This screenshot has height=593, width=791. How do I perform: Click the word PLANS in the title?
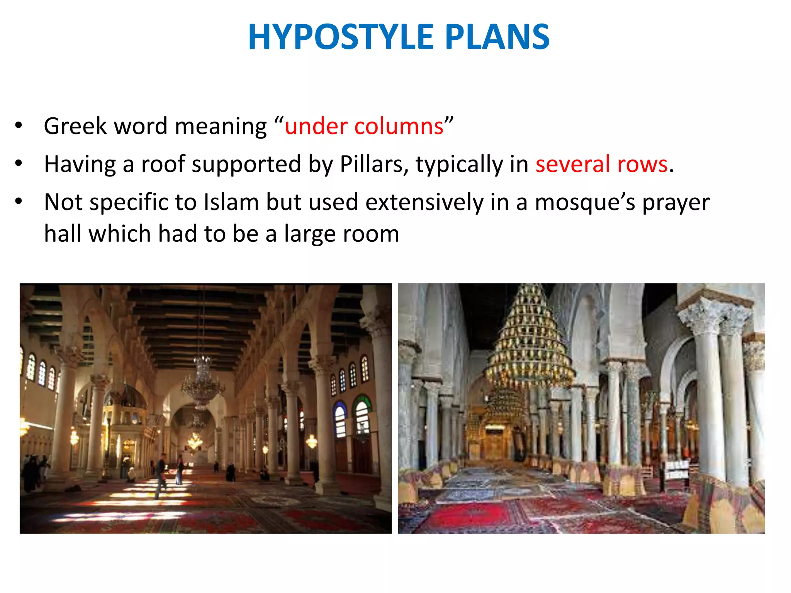pos(497,37)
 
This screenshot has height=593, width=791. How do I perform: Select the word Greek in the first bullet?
pos(75,126)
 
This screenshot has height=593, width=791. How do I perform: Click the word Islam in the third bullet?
pos(231,202)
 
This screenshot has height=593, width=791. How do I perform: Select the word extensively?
pos(424,202)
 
